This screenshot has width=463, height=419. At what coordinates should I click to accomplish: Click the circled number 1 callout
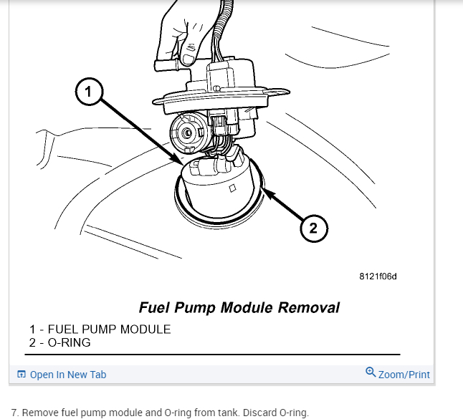point(88,92)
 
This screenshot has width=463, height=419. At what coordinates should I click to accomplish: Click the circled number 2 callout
point(313,228)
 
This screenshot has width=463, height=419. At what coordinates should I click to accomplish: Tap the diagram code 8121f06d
point(378,276)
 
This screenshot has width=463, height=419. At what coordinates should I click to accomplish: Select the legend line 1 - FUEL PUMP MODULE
point(100,329)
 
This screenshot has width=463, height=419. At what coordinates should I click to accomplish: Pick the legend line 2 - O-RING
point(60,342)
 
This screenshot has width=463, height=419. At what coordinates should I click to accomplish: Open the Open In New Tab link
point(68,375)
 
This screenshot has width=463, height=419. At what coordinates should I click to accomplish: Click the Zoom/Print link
point(404,375)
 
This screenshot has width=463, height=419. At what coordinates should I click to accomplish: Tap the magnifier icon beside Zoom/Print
point(371,372)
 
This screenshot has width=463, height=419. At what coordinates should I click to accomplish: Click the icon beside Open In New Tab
point(22,375)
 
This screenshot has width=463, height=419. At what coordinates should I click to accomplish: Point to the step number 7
point(14,413)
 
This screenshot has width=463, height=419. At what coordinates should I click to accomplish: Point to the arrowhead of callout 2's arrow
point(266,190)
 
